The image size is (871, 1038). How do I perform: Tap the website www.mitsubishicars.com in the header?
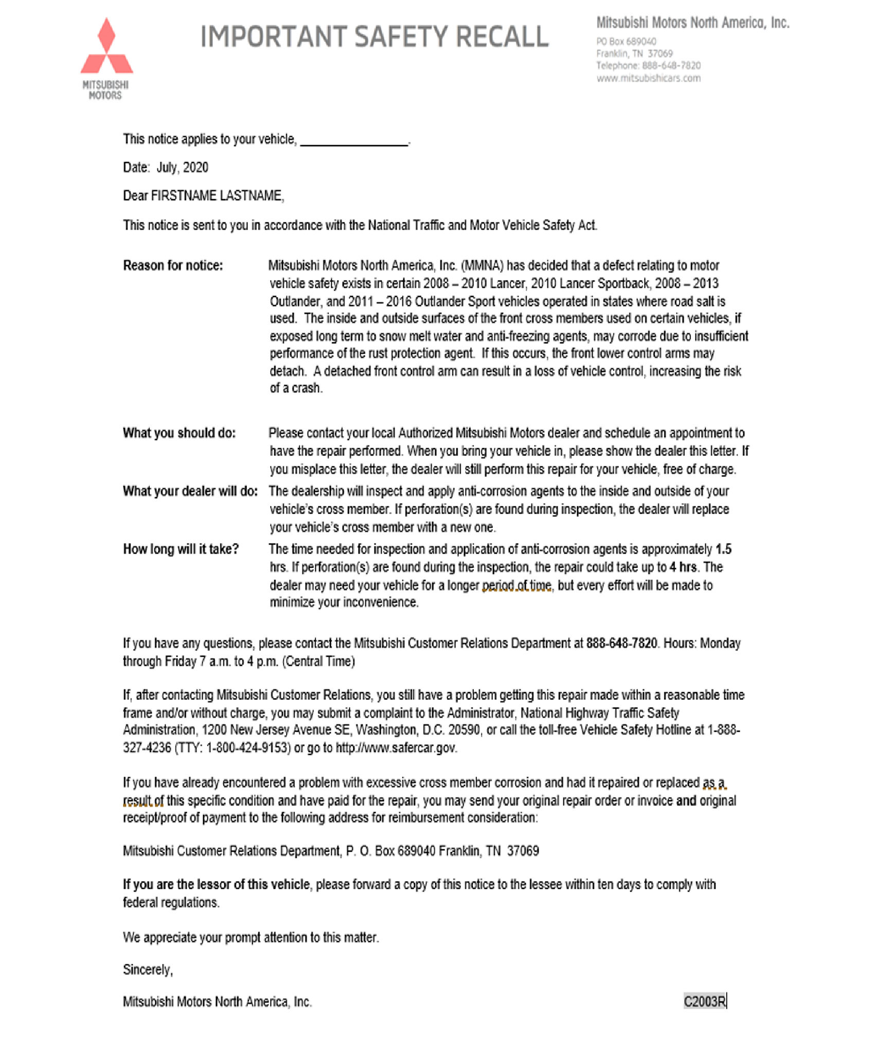click(x=648, y=78)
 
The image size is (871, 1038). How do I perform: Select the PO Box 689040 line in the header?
click(x=626, y=42)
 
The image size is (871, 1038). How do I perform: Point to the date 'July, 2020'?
click(x=182, y=168)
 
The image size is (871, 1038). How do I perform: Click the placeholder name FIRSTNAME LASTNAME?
click(x=217, y=196)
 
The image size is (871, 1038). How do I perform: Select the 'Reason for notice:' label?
click(x=173, y=266)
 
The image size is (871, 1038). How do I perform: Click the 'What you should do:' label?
click(x=179, y=433)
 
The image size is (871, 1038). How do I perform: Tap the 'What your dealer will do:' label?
click(x=190, y=491)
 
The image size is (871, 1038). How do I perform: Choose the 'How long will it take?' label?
click(x=181, y=550)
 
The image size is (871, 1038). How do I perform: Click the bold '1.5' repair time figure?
click(x=723, y=550)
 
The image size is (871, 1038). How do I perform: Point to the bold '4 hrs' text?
click(x=684, y=568)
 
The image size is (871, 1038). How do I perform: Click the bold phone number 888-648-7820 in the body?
click(x=621, y=644)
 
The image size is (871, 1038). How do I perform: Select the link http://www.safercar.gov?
click(x=396, y=748)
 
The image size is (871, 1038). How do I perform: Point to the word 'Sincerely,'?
click(x=148, y=970)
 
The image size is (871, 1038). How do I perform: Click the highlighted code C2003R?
click(x=704, y=1001)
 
